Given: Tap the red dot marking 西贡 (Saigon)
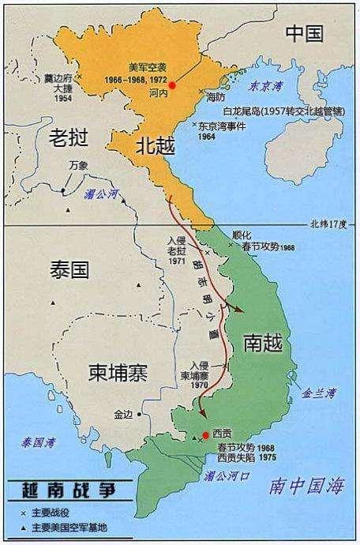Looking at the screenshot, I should click(x=205, y=434).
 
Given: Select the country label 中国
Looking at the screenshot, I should click(x=305, y=33).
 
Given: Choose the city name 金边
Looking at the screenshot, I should click(x=123, y=413).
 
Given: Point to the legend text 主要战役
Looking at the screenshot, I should click(x=47, y=513).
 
